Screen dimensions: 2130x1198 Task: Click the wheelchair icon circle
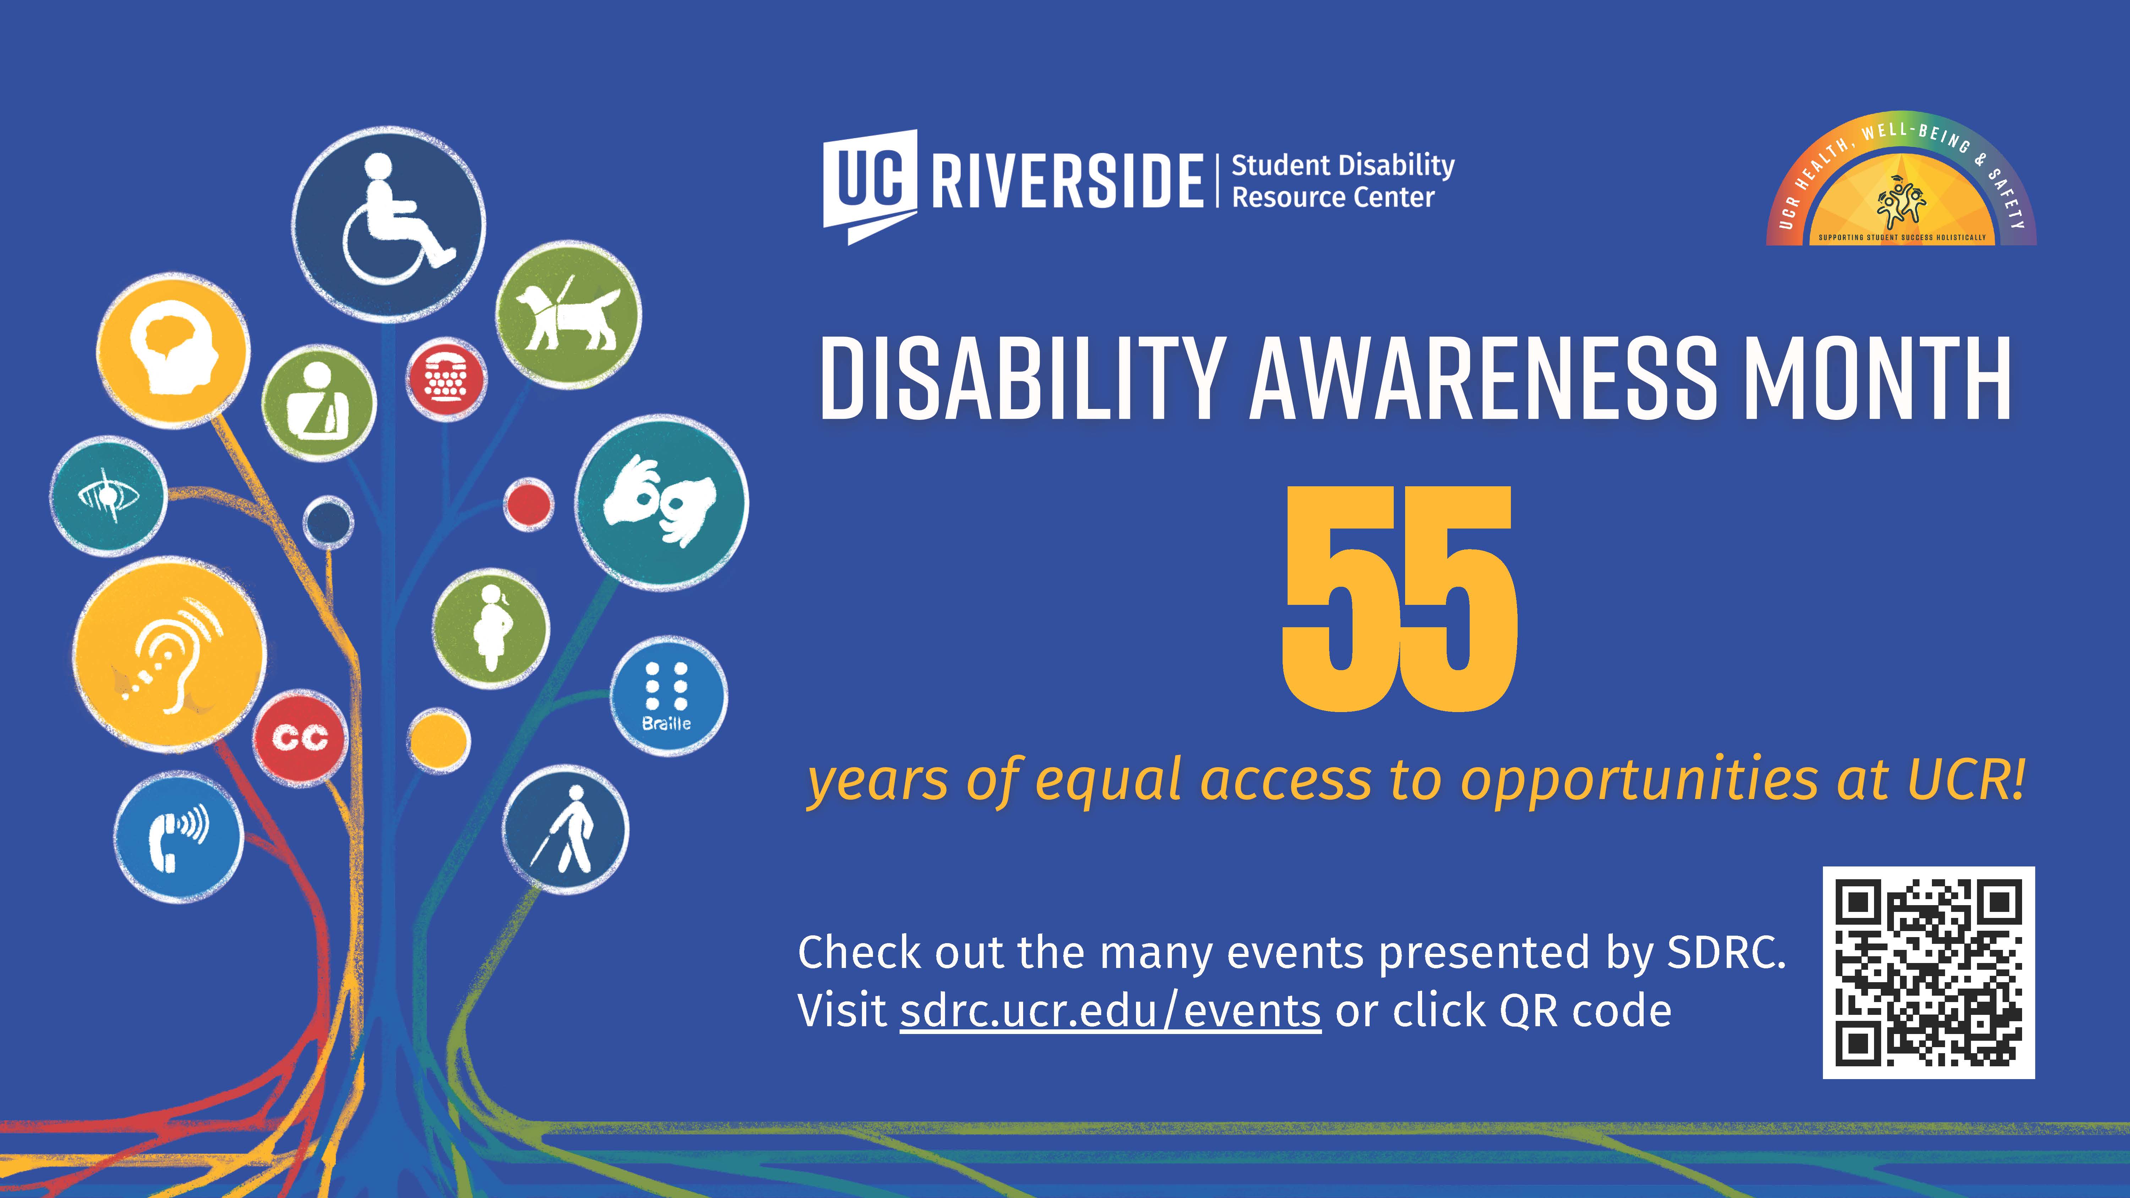click(389, 223)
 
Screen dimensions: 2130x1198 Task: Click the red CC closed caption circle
click(300, 738)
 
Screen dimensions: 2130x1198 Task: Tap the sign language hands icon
click(661, 502)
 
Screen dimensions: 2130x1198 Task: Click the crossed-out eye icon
click(108, 496)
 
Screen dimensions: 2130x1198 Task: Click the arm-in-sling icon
click(318, 403)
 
